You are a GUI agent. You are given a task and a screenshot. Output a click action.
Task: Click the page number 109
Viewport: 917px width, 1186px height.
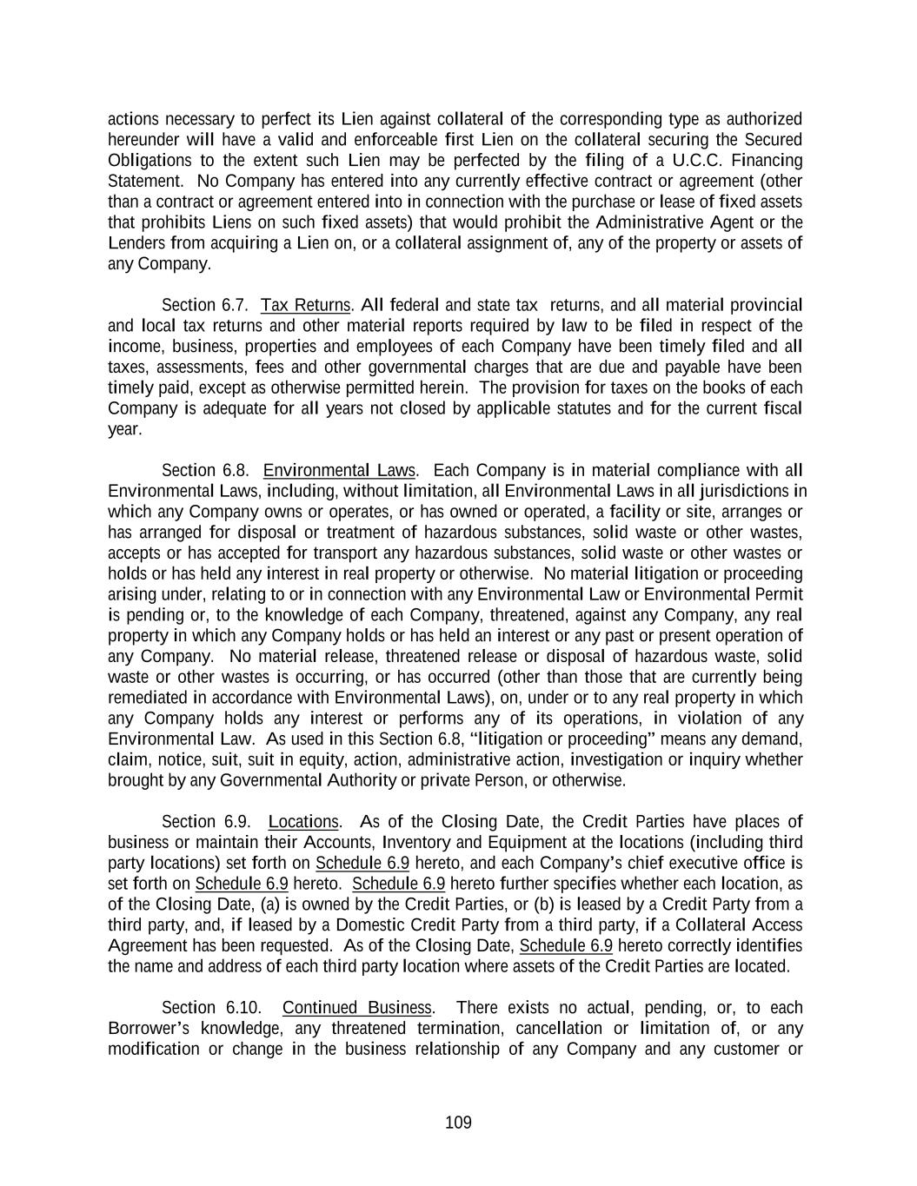[458, 1123]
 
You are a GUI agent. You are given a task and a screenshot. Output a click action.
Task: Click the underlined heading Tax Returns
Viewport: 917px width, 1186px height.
[306, 305]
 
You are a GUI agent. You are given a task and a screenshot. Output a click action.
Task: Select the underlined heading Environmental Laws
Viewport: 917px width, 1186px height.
[339, 471]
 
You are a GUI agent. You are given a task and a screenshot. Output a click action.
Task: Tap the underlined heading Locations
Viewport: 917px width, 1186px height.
[303, 822]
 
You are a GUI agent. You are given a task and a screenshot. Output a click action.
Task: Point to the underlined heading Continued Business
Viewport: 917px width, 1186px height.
[357, 1008]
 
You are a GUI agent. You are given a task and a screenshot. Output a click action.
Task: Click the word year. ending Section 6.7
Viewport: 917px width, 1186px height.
[124, 429]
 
